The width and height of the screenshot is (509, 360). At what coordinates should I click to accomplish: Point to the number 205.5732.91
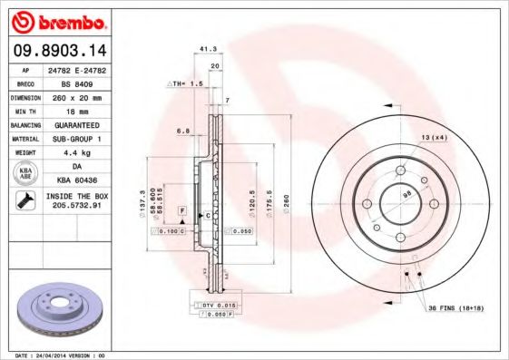(x=75, y=207)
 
